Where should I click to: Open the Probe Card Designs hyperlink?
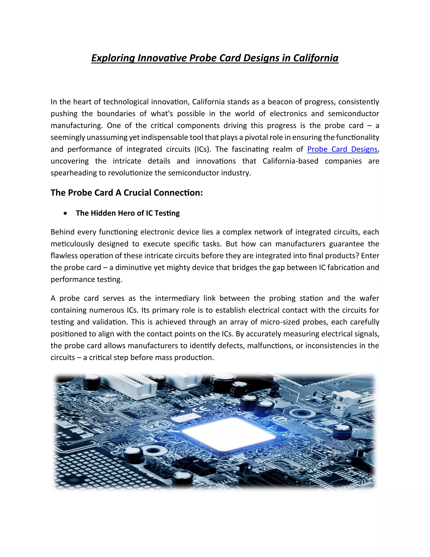(x=342, y=149)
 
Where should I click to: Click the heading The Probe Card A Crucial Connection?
(x=127, y=193)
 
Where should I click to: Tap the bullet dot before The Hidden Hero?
(x=66, y=213)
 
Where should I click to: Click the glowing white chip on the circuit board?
(x=228, y=434)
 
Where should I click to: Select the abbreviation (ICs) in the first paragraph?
(x=203, y=149)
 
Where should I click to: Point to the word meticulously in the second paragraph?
(x=72, y=244)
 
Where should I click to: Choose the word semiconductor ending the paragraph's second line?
(x=353, y=114)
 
